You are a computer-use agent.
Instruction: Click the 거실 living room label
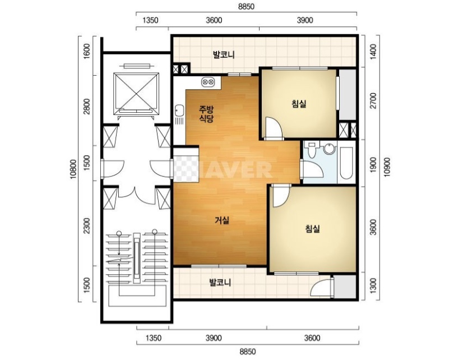tap(222, 220)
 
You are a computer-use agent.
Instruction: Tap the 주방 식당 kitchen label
tap(206, 113)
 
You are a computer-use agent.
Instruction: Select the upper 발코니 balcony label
tap(224, 55)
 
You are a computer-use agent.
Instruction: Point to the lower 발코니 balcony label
tap(220, 283)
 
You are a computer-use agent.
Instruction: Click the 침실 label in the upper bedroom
tap(299, 104)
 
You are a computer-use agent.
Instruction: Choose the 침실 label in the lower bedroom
tap(312, 229)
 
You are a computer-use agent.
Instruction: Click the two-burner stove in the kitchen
tap(208, 81)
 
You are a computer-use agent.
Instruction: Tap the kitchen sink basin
tap(179, 110)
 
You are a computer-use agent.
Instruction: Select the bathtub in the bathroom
tap(347, 163)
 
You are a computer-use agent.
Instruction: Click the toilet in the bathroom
tap(311, 149)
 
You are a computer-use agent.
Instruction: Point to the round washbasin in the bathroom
tap(330, 149)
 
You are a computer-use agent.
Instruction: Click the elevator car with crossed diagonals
tap(136, 93)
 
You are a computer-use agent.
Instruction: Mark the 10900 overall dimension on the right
tap(387, 167)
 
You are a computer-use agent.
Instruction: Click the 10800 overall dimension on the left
tap(73, 169)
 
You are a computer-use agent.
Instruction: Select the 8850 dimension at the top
tap(246, 7)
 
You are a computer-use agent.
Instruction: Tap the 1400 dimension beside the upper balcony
tap(373, 51)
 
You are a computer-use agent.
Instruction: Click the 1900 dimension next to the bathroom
tap(373, 165)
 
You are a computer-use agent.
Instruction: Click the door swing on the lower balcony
tap(321, 288)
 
